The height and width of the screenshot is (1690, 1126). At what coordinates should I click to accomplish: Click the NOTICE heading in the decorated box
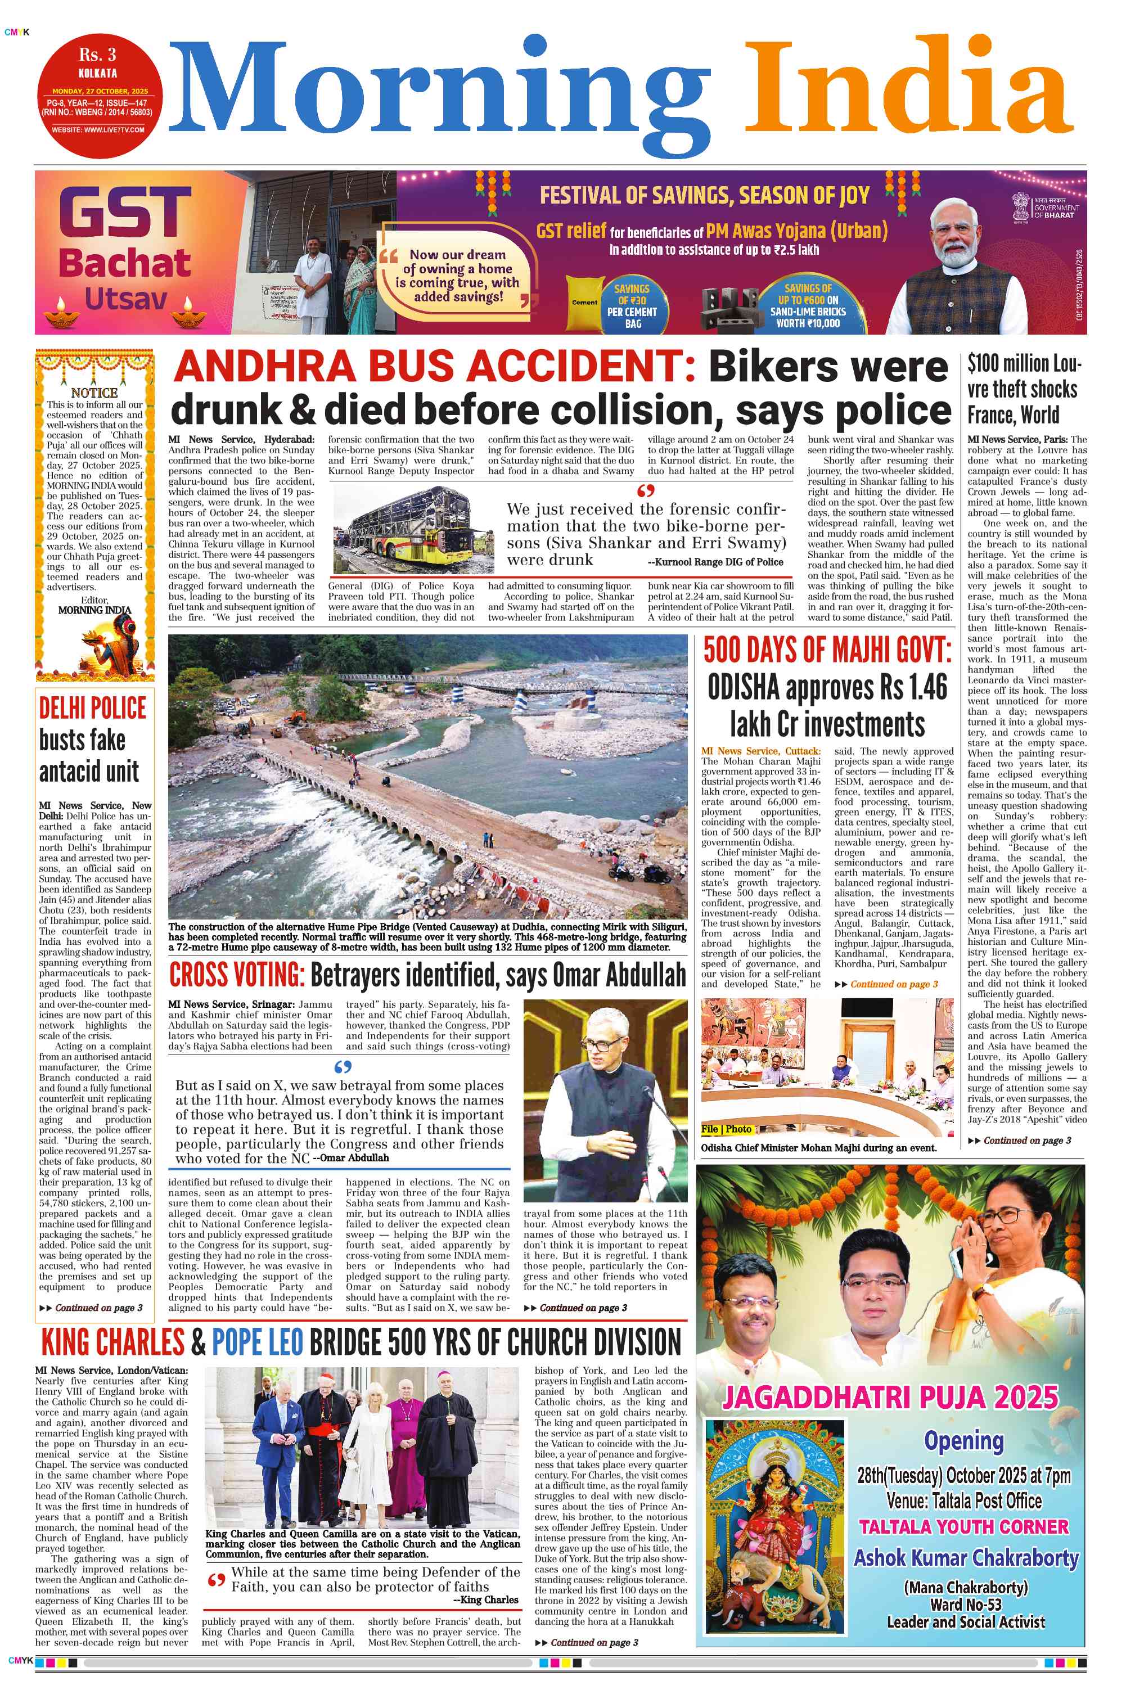(x=94, y=393)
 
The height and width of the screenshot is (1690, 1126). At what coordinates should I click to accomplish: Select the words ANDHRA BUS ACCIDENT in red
(x=434, y=367)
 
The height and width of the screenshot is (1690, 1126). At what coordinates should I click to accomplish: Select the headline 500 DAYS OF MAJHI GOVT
(x=827, y=651)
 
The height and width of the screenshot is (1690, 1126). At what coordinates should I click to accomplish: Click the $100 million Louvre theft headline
(x=1023, y=389)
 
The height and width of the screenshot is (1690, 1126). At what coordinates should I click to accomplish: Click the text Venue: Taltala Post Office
(x=963, y=1500)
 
